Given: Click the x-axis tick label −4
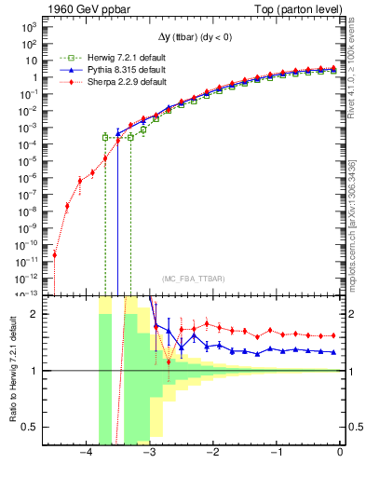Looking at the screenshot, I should pos(87,454).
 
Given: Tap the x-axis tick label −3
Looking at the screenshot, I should pos(150,454).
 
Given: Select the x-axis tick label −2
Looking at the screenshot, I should pos(213,454).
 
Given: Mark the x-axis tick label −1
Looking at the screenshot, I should pos(276,454).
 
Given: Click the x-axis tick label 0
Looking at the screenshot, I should pos(340,454).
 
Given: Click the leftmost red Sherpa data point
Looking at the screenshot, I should pos(55,254).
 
